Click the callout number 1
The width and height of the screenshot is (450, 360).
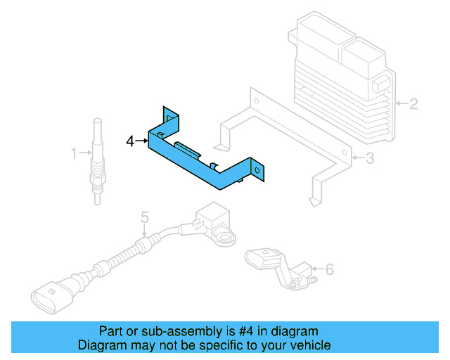(x=73, y=152)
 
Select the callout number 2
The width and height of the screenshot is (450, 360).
(x=413, y=105)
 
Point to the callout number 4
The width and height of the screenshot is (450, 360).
(x=131, y=141)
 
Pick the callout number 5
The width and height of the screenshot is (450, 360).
(x=144, y=217)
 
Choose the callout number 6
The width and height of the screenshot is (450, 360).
(x=330, y=268)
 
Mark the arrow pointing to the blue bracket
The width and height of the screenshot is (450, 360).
(x=142, y=141)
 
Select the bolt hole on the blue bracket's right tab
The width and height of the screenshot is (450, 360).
(x=257, y=169)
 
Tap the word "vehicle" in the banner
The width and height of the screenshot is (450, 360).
(x=310, y=345)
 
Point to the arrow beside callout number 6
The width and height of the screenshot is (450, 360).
(x=316, y=268)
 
